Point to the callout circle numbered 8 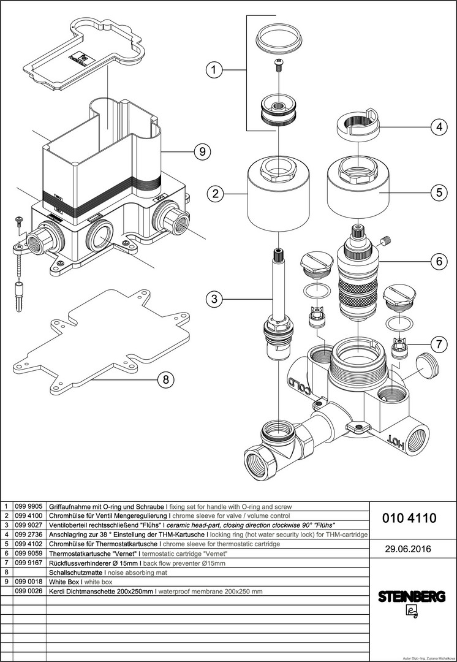click(164, 380)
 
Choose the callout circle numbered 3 click(213, 299)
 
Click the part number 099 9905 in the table click(29, 508)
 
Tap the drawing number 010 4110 click(409, 519)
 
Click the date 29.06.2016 click(409, 549)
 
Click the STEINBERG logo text click(411, 596)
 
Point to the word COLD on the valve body click(301, 386)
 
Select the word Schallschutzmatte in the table click(75, 572)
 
